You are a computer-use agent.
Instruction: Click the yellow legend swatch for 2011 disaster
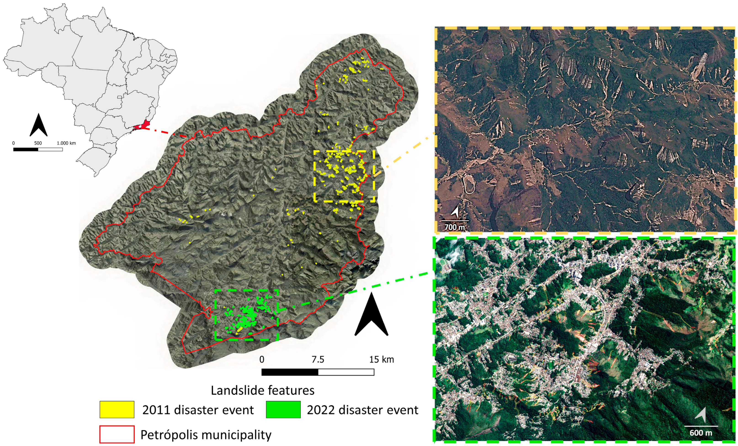tap(117, 409)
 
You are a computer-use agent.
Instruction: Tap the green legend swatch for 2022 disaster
tap(283, 409)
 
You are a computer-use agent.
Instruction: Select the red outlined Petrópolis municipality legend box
tap(117, 434)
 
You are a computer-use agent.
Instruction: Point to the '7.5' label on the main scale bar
tap(318, 359)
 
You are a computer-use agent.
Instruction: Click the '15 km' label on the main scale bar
tap(381, 359)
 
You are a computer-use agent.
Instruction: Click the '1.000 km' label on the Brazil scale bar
tap(66, 143)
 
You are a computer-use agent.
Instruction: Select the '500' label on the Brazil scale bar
tap(38, 143)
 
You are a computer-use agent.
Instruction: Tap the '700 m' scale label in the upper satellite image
tap(454, 227)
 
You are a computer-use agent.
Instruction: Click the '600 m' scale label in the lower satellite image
tap(701, 433)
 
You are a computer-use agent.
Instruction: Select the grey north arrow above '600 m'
tap(701, 415)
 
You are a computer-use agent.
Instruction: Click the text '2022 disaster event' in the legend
tap(362, 410)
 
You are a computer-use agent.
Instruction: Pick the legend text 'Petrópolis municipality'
tap(206, 435)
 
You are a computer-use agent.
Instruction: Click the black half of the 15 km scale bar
tap(290, 372)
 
